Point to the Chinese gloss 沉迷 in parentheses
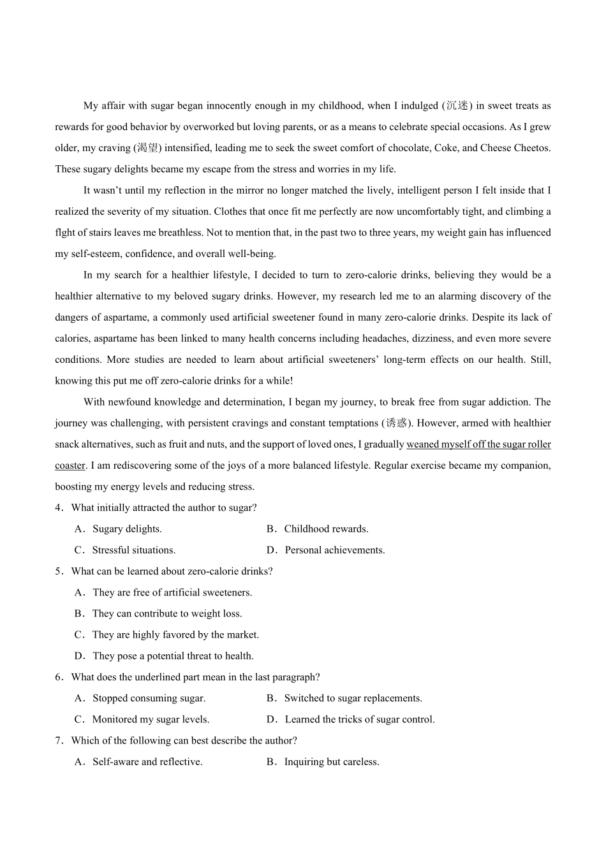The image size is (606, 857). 457,106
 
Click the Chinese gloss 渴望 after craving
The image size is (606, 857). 147,148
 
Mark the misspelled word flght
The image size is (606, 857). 65,233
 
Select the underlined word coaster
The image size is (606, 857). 70,465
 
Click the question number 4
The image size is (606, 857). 58,508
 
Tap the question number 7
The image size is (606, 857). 58,741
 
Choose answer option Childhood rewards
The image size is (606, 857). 326,529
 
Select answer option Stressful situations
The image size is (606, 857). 133,550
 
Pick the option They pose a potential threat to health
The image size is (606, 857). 173,656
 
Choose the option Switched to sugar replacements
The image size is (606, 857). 353,698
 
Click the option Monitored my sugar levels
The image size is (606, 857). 151,719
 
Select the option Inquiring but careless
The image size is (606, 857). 332,762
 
